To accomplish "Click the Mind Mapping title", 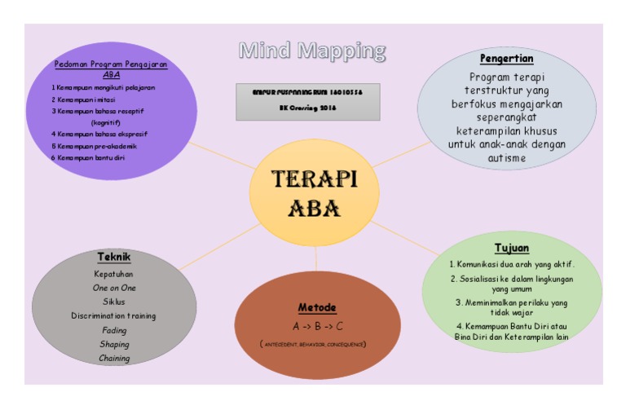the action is click(312, 51).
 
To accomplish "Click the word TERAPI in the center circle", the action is click(313, 179).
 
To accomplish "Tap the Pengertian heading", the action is click(506, 59).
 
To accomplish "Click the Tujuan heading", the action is click(512, 247).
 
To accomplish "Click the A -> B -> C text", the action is click(316, 325).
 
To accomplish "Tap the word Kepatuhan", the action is click(114, 274).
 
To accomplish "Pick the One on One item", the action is click(114, 288).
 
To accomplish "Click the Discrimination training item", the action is click(114, 315).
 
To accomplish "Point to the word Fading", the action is click(114, 330).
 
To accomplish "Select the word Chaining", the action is click(114, 358).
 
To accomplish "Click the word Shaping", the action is click(114, 344).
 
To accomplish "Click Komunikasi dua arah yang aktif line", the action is click(513, 265).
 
